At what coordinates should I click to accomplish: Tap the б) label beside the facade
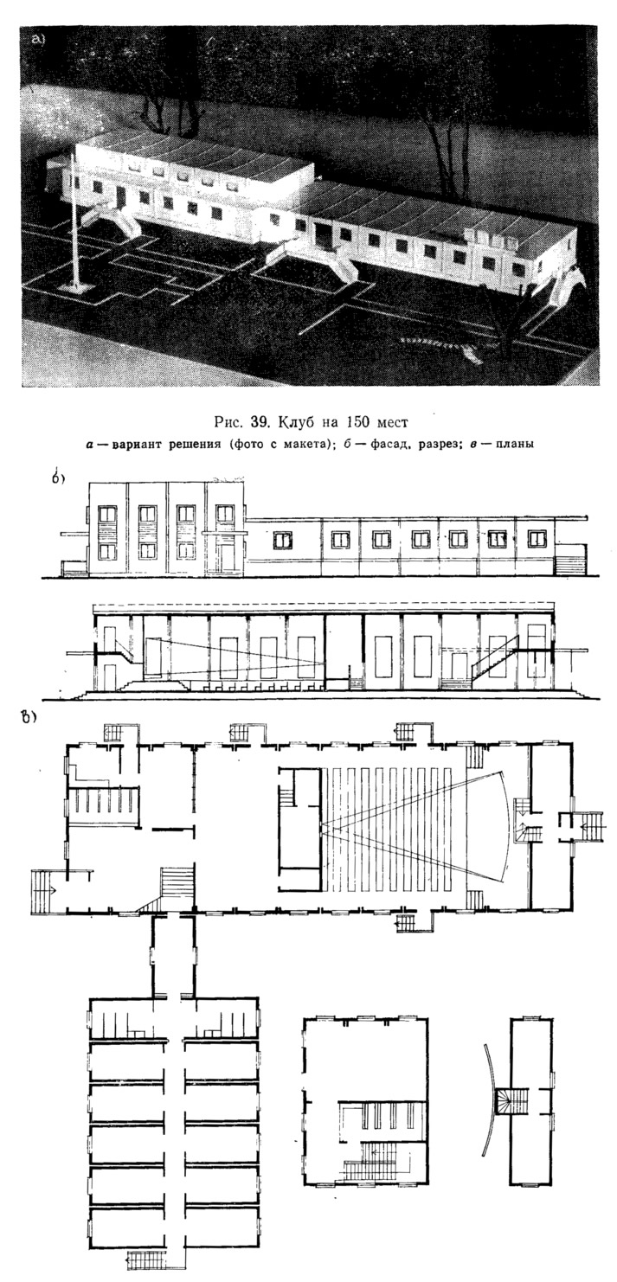point(58,478)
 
